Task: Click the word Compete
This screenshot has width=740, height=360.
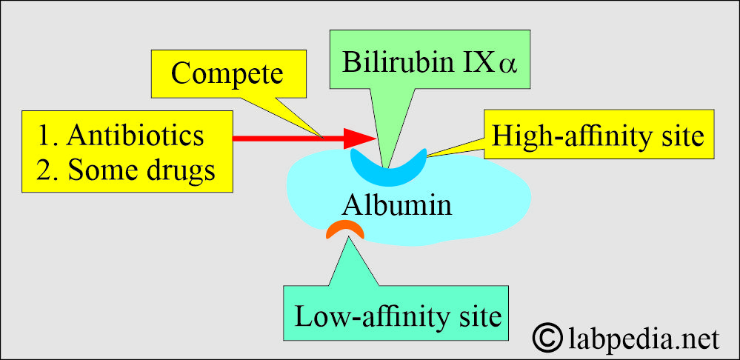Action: click(227, 73)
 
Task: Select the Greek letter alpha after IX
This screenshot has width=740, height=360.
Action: click(508, 66)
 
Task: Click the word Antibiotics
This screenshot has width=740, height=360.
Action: click(136, 136)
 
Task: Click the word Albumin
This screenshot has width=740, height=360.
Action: click(397, 205)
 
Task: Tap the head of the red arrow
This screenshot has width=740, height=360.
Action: click(359, 139)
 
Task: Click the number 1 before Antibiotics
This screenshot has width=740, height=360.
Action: click(45, 136)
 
